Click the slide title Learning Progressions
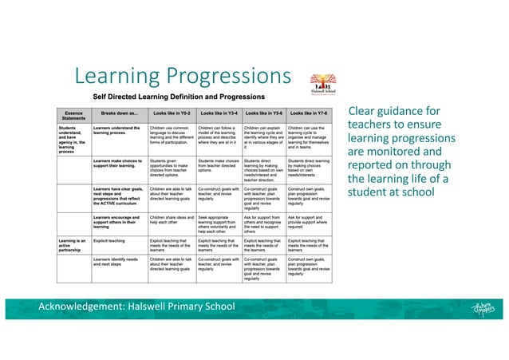coord(180,77)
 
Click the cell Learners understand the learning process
coord(118,129)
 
